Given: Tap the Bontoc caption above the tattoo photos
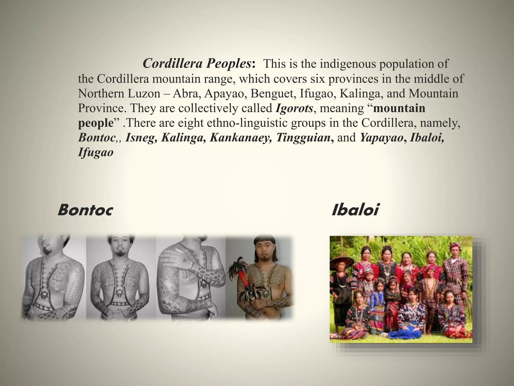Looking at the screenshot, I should click(85, 210).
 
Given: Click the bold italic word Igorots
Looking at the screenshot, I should click(294, 108).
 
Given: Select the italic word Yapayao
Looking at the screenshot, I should click(381, 138).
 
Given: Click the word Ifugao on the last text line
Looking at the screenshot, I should click(96, 152).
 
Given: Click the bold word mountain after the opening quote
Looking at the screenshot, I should click(399, 108).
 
